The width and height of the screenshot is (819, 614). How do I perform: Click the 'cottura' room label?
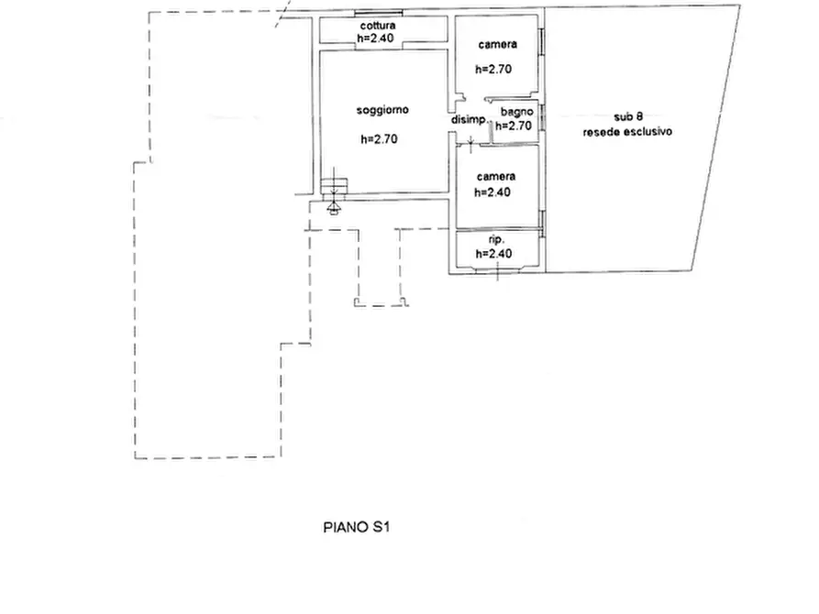click(378, 26)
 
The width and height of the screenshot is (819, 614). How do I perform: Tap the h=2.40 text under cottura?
click(375, 38)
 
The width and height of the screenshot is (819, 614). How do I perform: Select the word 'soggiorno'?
click(382, 110)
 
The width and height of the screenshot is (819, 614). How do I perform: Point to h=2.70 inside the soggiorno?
click(379, 139)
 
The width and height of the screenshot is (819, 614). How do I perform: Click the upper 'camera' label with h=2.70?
click(497, 45)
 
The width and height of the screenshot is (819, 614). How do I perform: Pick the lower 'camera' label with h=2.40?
click(496, 177)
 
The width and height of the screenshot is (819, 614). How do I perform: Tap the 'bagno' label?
click(517, 112)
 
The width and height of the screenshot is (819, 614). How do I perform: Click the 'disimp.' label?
click(469, 119)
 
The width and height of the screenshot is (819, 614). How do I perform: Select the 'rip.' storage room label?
click(496, 240)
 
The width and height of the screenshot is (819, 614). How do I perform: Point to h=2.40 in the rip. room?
click(493, 254)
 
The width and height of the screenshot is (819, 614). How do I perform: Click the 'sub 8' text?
click(628, 117)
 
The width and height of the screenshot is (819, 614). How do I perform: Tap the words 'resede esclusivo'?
click(627, 132)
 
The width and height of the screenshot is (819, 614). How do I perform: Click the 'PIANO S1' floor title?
click(357, 527)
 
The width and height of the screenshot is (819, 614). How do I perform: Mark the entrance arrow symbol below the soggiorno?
click(333, 208)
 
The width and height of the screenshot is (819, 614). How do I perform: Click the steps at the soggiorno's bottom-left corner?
click(333, 186)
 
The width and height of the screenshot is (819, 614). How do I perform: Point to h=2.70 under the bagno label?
click(514, 126)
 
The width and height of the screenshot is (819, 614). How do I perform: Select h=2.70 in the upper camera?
click(493, 70)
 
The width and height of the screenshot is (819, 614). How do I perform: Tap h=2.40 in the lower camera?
click(492, 192)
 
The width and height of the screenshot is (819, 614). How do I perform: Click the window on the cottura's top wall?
click(378, 13)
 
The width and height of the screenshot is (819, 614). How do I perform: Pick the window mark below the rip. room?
click(497, 270)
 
